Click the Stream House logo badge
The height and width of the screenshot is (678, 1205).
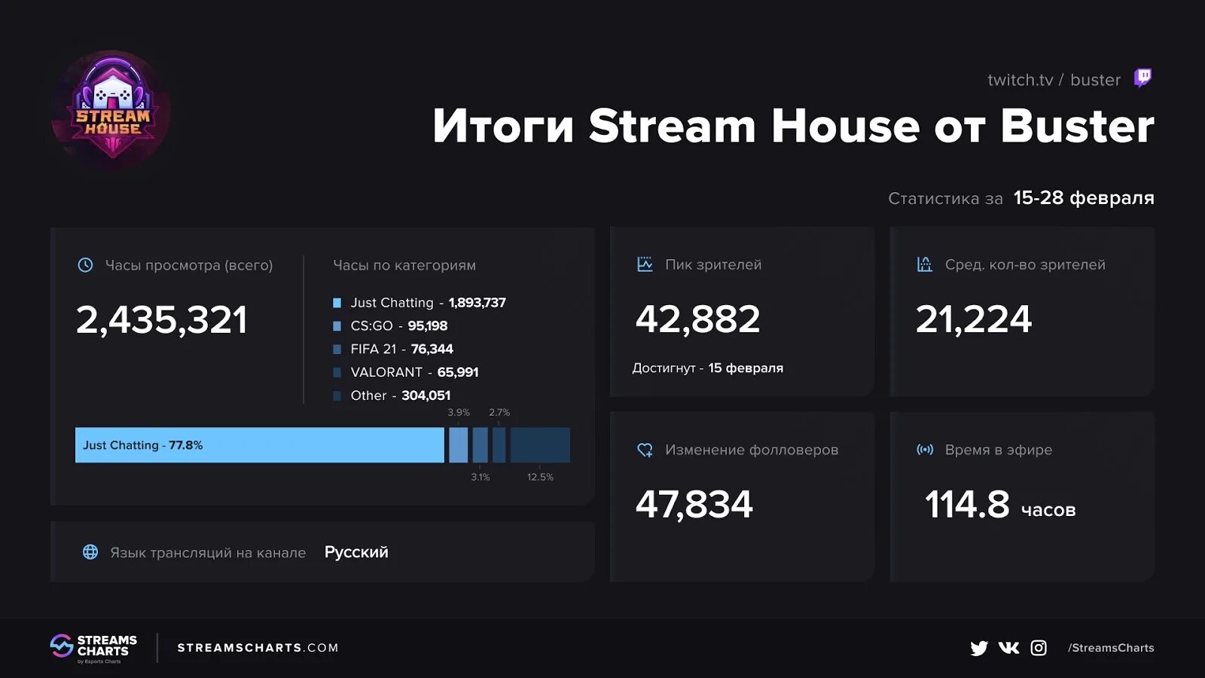pos(111,111)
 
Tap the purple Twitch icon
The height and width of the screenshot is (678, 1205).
pos(1142,78)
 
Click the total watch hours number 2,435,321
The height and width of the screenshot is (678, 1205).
pos(162,320)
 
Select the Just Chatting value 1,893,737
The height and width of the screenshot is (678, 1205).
pos(477,303)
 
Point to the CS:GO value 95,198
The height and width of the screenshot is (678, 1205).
pos(427,326)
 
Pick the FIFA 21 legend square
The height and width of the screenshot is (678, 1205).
pos(337,350)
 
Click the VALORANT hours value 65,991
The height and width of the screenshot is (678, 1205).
pos(458,372)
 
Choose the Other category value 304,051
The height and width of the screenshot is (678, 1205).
pos(426,395)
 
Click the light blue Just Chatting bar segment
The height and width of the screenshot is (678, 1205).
pos(259,445)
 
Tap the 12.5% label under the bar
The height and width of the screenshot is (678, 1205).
pos(540,477)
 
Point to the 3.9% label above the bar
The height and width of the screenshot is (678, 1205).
pos(458,413)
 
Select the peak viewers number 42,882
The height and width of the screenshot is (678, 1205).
pos(697,319)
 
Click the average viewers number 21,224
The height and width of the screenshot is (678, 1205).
pos(973,319)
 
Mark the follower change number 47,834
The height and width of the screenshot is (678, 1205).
pos(694,505)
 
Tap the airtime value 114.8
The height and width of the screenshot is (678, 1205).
pos(967,505)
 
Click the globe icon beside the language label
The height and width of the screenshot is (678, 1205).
pos(90,552)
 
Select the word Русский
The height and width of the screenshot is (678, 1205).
pos(356,552)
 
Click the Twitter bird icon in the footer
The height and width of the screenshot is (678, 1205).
pos(978,648)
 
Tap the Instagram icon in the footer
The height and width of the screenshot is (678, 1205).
pos(1039,648)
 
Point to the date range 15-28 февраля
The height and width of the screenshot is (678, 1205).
pos(1083,198)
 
